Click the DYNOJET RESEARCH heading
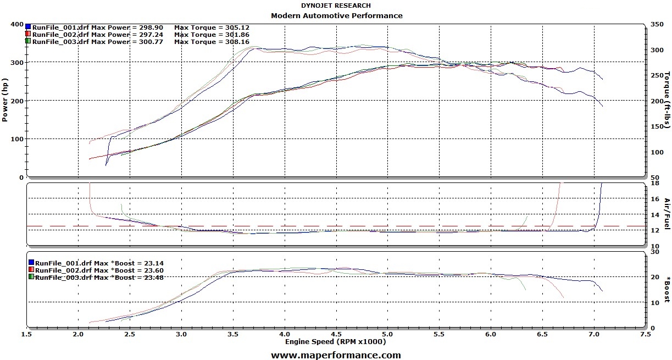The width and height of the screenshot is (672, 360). (x=336, y=5)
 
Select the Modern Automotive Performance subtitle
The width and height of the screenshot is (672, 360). (x=336, y=15)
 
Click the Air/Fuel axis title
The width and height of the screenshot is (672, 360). (x=667, y=214)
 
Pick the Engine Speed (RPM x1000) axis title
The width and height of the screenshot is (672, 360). (x=335, y=341)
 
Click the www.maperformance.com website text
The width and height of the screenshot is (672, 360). (x=336, y=355)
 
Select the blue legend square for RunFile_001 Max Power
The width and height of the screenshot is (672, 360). (x=28, y=26)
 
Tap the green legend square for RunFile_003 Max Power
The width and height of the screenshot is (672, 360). (x=28, y=41)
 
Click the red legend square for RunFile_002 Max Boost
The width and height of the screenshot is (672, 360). (x=31, y=270)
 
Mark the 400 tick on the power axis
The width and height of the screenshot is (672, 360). (x=16, y=25)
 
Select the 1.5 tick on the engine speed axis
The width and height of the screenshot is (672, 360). (x=27, y=334)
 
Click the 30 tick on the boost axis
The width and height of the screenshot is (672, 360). (x=654, y=252)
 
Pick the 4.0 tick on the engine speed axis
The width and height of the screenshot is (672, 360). (x=284, y=334)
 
